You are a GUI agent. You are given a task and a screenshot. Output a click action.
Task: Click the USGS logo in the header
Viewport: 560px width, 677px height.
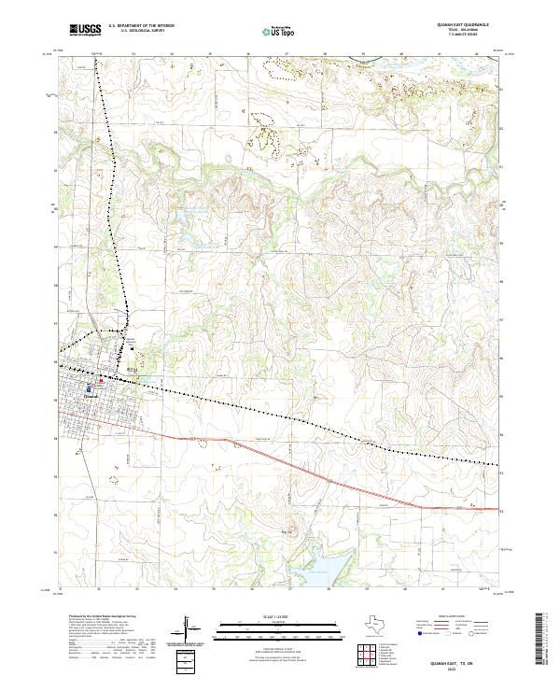[x=84, y=30]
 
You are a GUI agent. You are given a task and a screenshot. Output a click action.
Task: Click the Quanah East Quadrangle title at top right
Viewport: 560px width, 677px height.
[x=463, y=26]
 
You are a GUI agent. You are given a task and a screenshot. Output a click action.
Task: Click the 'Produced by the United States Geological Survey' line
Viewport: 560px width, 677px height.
[x=96, y=617]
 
